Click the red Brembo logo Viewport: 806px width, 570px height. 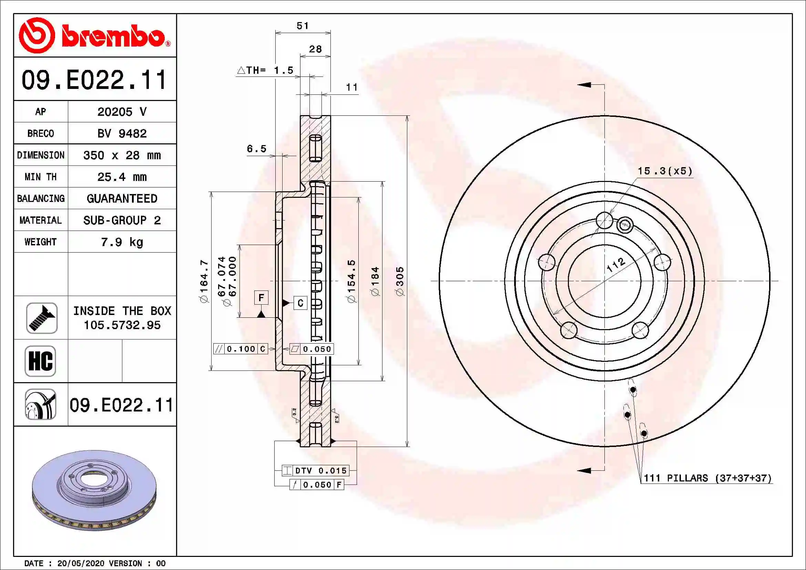pos(95,35)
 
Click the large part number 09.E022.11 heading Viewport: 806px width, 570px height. pos(94,80)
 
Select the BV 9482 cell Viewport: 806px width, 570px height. pos(122,133)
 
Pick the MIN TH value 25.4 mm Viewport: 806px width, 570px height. pos(122,177)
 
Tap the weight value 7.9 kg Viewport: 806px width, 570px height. pos(122,242)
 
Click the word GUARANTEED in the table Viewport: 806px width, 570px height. pos(122,199)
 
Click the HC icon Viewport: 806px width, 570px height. pos(40,361)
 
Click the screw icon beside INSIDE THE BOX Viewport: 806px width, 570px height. pos(41,318)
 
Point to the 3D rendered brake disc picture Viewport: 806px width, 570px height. pos(94,490)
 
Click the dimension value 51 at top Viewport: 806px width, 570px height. pos(303,26)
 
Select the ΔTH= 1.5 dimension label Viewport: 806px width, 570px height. pos(265,70)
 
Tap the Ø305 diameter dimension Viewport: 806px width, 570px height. pos(400,281)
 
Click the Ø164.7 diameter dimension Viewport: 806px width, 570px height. pos(204,281)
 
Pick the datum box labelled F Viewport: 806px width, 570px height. pos(261,298)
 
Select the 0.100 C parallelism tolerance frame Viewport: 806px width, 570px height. pos(241,348)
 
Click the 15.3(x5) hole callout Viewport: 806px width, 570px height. pos(665,171)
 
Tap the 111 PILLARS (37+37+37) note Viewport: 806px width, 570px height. pos(707,478)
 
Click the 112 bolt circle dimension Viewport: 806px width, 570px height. pos(616,265)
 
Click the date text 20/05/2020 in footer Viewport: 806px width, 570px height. pos(80,563)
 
